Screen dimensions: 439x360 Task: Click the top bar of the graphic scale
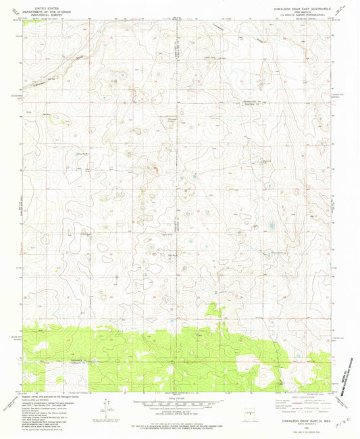click(177, 399)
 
